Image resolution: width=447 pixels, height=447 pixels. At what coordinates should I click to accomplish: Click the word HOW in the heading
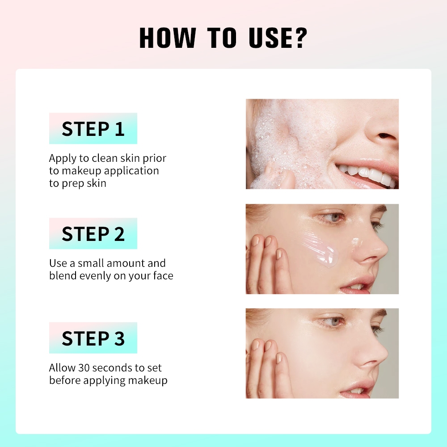pyautogui.click(x=167, y=38)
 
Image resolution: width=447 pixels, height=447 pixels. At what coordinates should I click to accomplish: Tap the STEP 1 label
pyautogui.click(x=93, y=129)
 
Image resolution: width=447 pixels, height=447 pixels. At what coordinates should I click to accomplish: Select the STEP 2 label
pyautogui.click(x=93, y=234)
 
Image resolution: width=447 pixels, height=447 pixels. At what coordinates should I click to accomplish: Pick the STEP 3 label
pyautogui.click(x=93, y=338)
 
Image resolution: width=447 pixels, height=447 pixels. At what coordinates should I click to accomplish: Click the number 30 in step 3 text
pyautogui.click(x=84, y=368)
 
